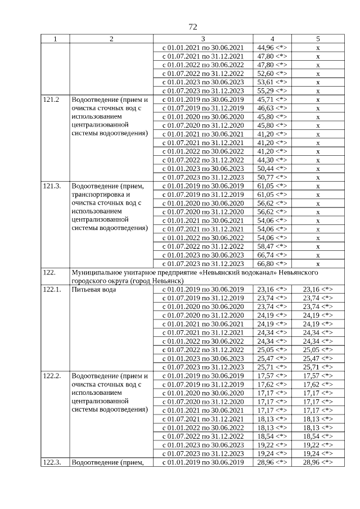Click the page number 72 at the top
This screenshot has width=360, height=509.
pos(192,27)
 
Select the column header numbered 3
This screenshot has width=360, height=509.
pos(202,39)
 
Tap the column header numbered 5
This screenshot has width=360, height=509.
pos(317,39)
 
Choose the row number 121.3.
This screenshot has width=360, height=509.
pos(52,186)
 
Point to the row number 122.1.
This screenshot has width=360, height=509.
pos(52,290)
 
